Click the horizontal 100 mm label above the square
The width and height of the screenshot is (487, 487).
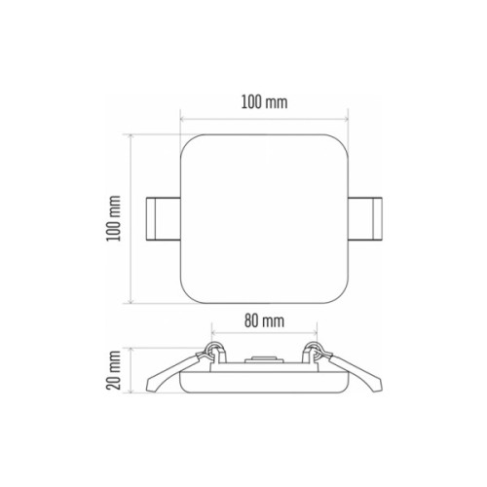264,102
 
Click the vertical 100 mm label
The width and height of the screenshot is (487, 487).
114,218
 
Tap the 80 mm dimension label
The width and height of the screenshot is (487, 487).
264,320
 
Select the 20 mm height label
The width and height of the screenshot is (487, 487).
114,370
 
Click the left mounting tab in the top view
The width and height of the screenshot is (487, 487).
163,219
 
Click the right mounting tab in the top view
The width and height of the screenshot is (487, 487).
365,219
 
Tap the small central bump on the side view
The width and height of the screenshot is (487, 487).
264,359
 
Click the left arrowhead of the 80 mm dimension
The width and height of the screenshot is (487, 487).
213,332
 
